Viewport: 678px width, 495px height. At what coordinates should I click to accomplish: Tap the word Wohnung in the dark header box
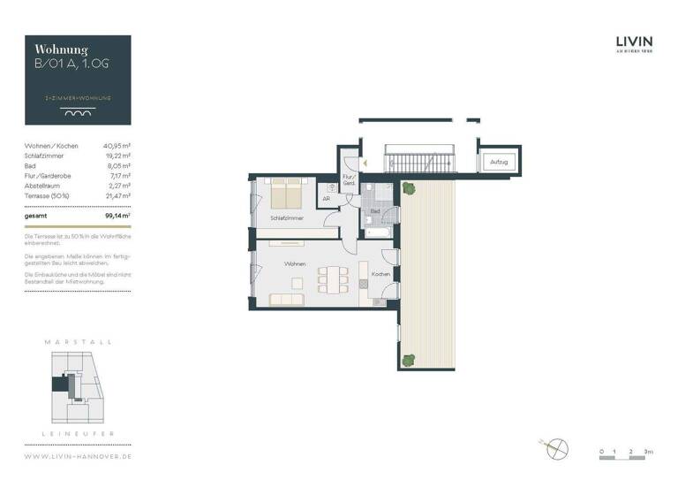click(60, 49)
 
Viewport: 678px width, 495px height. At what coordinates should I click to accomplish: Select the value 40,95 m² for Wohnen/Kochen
click(117, 145)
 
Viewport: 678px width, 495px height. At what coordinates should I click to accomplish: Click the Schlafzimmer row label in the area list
click(45, 156)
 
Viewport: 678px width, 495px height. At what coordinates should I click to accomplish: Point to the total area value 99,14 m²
click(117, 215)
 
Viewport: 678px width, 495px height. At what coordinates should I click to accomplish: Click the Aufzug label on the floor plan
click(499, 164)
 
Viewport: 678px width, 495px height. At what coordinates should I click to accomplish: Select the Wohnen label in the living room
click(294, 264)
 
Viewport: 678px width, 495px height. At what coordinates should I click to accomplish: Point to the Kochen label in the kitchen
click(380, 275)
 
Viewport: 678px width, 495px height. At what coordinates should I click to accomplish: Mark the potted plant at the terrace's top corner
click(407, 187)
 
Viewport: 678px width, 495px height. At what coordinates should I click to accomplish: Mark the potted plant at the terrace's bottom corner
click(408, 359)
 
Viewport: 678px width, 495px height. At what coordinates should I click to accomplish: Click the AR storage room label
click(326, 199)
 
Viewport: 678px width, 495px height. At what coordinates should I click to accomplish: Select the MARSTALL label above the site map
click(78, 341)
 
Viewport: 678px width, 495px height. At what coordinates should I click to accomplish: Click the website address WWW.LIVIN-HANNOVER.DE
click(78, 456)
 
